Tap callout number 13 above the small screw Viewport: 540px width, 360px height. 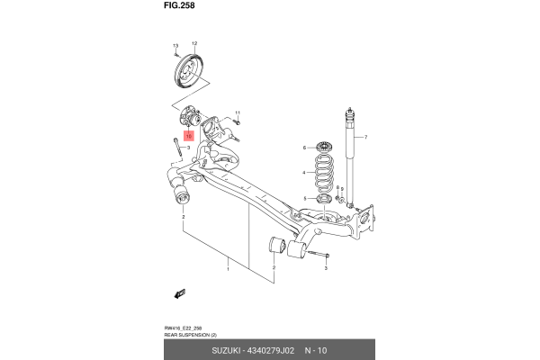coord(176,44)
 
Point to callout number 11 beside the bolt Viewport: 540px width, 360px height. coord(238,113)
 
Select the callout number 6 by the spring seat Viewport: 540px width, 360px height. coord(305,147)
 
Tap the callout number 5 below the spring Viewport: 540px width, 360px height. coord(305,198)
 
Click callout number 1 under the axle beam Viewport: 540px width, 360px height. coord(229,268)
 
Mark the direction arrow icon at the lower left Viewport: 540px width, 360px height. coord(179,293)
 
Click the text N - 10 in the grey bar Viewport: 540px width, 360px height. coord(317,349)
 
